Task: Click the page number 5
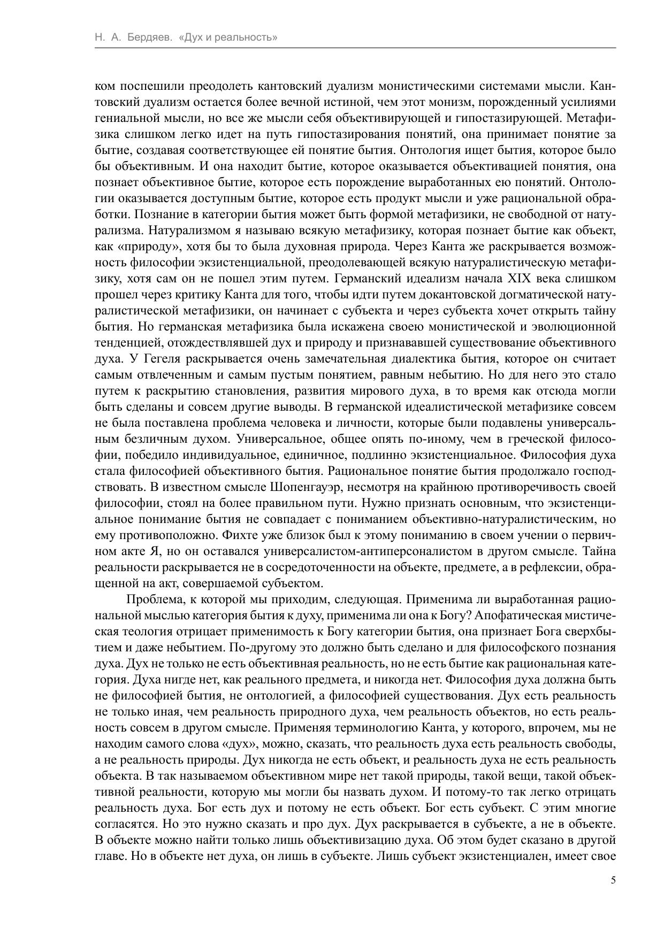613,895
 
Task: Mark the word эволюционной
573,326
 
